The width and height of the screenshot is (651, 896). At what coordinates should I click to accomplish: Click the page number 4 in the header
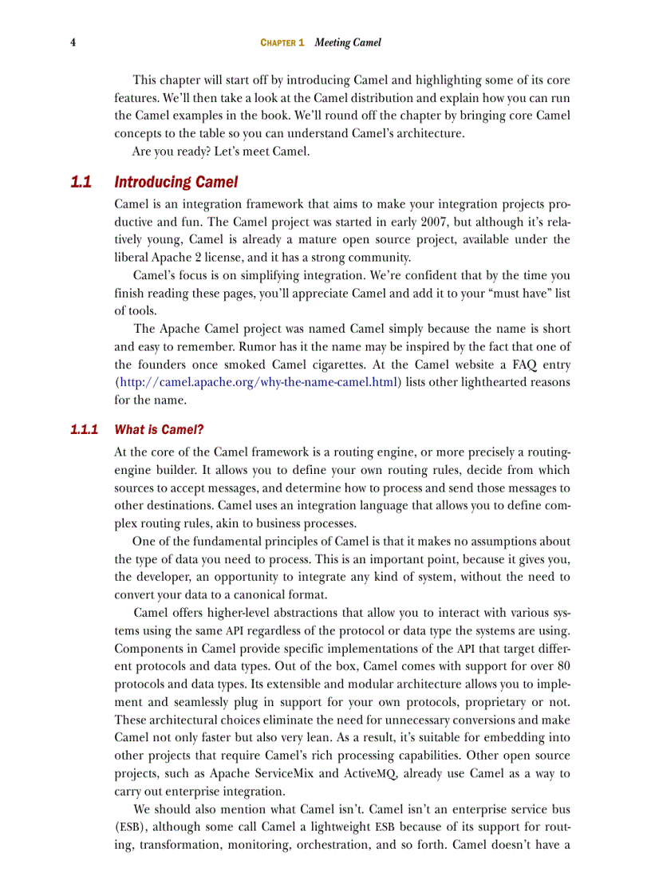click(x=73, y=42)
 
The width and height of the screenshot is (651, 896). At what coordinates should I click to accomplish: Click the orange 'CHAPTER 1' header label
click(x=282, y=43)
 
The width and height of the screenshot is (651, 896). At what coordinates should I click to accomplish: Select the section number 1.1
click(x=81, y=183)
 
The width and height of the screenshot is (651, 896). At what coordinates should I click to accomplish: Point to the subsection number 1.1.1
click(x=84, y=429)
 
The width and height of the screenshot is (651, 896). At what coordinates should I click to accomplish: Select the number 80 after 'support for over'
click(x=562, y=665)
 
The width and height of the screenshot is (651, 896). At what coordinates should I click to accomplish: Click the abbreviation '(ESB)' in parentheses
click(x=131, y=827)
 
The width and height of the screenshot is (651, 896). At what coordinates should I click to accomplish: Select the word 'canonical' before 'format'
click(x=253, y=594)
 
